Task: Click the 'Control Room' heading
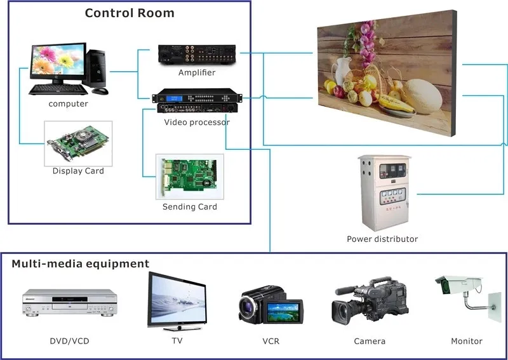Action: [130, 13]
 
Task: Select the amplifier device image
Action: [197, 55]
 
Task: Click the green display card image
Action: [77, 143]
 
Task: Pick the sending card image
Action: [189, 178]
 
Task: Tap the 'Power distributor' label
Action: [382, 239]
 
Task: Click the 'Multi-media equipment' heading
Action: [81, 263]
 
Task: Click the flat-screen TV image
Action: [177, 299]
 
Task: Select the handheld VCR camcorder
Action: [271, 305]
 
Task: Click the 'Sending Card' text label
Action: [189, 207]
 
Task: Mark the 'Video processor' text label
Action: [196, 122]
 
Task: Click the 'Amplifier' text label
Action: [197, 72]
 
